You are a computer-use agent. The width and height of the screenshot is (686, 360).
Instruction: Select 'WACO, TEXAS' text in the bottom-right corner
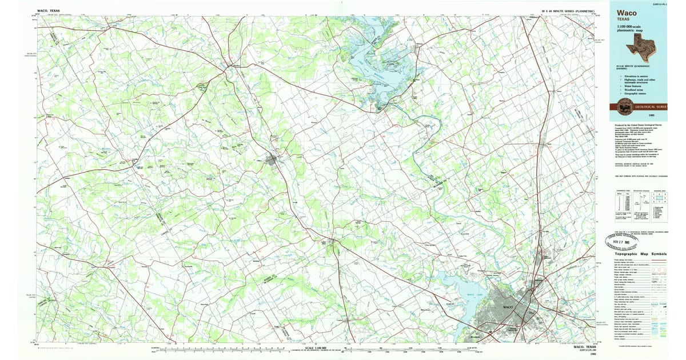(585, 346)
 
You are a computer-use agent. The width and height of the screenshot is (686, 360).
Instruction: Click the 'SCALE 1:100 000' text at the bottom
(317, 348)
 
